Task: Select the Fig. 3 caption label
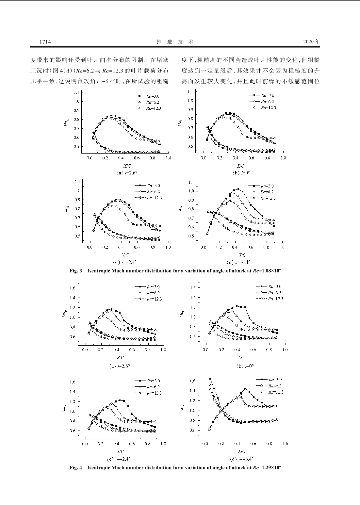click(75, 271)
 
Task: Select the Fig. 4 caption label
click(75, 467)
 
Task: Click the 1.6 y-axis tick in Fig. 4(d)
click(192, 381)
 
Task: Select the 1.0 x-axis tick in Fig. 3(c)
click(168, 248)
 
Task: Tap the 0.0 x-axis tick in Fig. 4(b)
click(206, 350)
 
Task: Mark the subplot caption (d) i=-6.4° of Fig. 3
click(238, 262)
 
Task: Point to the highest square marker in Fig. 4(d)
click(210, 379)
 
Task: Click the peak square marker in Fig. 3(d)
click(238, 189)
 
